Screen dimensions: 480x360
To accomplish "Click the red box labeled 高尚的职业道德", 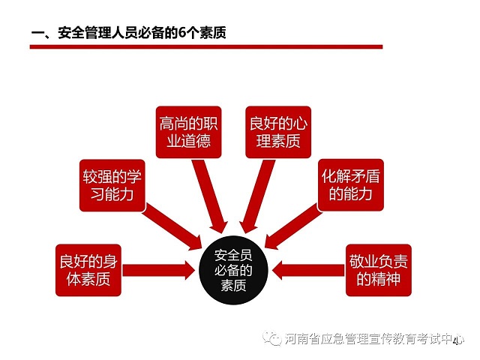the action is [188, 132].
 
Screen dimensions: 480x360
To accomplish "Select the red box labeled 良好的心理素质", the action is [278, 132].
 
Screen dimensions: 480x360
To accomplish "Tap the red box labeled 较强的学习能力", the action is [112, 185].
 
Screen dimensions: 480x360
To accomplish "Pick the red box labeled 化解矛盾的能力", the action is [350, 185].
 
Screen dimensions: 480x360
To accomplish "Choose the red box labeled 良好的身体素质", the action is [88, 270].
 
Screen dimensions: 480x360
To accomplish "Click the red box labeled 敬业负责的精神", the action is [379, 270].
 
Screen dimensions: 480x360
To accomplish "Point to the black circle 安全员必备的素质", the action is [233, 270].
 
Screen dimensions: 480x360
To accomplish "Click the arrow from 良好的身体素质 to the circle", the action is [158, 270].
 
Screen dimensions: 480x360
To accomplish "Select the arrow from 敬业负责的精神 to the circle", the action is [308, 270].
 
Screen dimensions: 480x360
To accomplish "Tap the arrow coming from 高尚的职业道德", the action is [210, 196].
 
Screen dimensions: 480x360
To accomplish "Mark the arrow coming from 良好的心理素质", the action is [256, 196].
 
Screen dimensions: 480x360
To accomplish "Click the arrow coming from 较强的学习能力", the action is [172, 227].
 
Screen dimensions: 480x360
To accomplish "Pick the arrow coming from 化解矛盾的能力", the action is [294, 226].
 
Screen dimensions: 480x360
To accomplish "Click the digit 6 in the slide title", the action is [182, 32].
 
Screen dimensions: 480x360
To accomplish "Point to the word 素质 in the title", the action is [213, 32].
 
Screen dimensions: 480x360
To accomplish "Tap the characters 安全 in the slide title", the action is [71, 32].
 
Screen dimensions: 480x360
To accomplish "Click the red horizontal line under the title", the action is [206, 46].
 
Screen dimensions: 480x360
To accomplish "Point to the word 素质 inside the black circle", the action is [233, 285].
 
